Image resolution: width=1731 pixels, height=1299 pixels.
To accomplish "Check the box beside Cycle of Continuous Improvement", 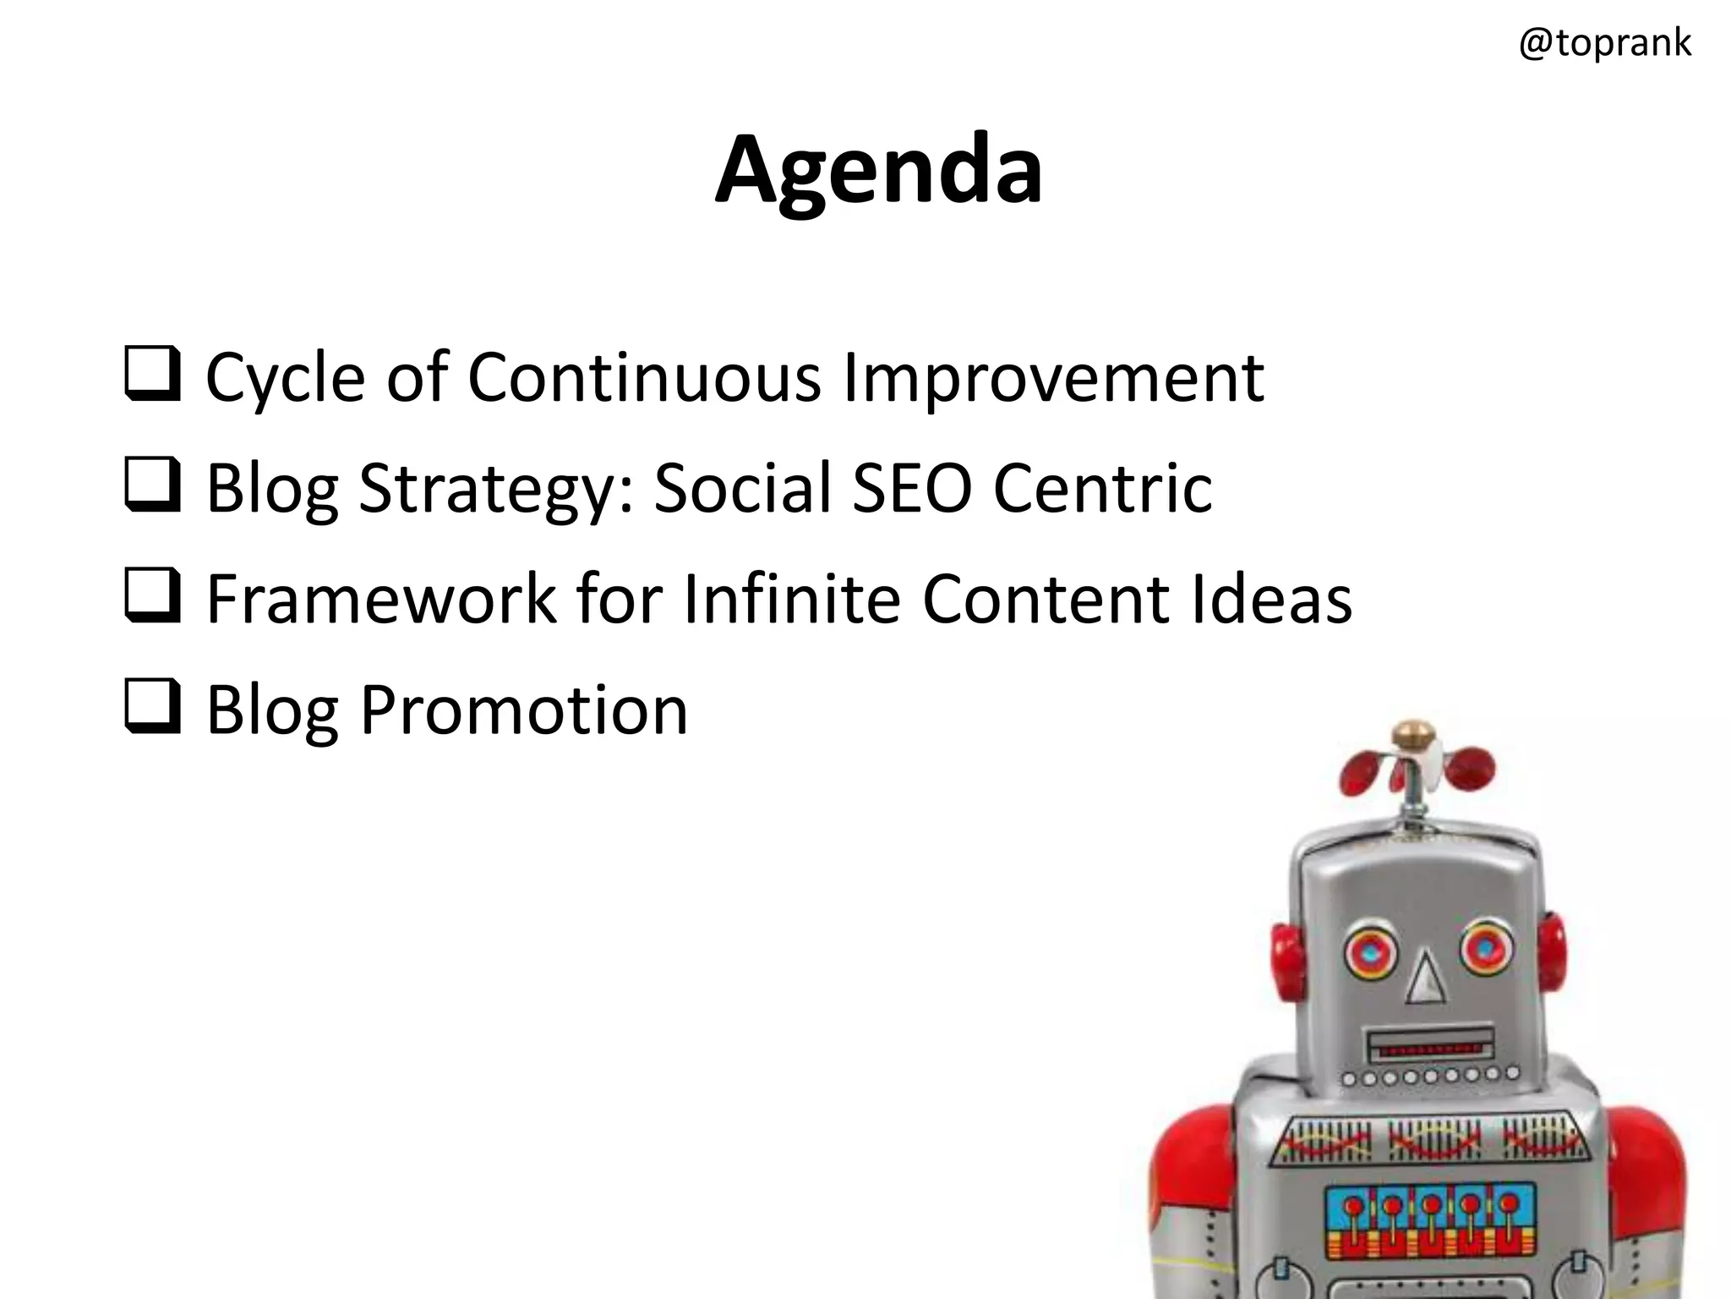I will [152, 373].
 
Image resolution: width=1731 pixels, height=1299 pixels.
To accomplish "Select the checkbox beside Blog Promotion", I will [152, 706].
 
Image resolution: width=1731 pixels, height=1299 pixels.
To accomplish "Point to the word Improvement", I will [1053, 379].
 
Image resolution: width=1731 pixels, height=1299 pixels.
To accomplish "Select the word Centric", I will [1102, 488].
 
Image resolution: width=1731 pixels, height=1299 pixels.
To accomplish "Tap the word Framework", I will [381, 600].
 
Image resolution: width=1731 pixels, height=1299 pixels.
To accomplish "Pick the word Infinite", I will [791, 600].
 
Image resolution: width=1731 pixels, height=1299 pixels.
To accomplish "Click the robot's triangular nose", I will [1427, 978].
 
